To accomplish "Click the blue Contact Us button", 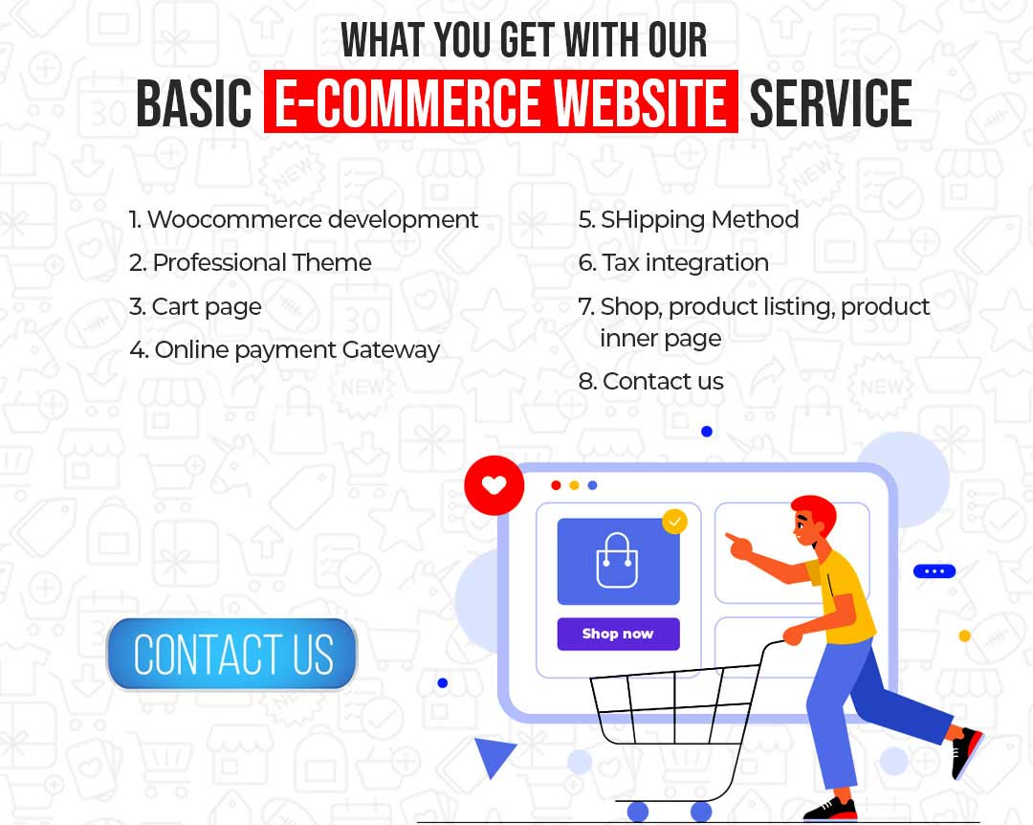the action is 231,654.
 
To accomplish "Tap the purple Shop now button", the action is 618,634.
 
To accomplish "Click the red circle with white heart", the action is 495,485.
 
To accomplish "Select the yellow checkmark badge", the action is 674,522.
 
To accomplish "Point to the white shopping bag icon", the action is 617,561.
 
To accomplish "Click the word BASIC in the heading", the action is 194,102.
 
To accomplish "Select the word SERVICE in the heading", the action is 831,102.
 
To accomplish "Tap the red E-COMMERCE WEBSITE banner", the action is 500,101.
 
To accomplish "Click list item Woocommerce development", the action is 303,219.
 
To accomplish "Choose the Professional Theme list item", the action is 251,263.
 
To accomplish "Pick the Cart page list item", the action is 196,307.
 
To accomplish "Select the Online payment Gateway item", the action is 285,350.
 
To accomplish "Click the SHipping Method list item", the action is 689,220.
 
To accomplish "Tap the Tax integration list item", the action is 673,263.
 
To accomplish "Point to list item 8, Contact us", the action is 651,381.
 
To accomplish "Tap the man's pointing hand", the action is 739,546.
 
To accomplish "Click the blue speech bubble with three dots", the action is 934,571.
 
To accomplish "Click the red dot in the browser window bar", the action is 556,485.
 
